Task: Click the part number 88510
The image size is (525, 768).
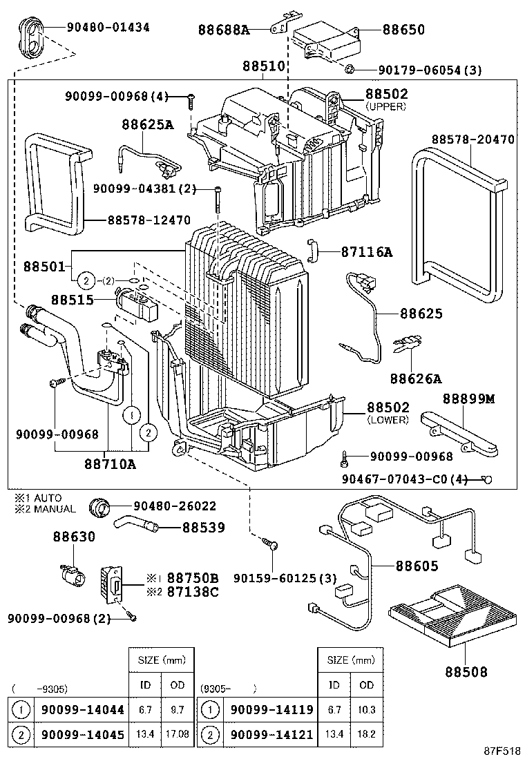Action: (x=263, y=67)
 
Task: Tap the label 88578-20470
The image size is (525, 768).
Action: (x=473, y=139)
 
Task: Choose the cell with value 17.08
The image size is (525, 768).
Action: (x=178, y=734)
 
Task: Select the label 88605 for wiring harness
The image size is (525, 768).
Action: (x=417, y=566)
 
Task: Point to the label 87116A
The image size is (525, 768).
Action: (x=366, y=252)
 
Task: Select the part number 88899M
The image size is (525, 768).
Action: (x=469, y=399)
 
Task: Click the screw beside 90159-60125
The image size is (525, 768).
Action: (x=270, y=546)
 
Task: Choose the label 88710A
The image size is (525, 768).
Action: (x=111, y=464)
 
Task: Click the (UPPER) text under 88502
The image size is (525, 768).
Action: (x=386, y=106)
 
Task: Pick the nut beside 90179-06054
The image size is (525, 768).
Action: (x=350, y=69)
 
